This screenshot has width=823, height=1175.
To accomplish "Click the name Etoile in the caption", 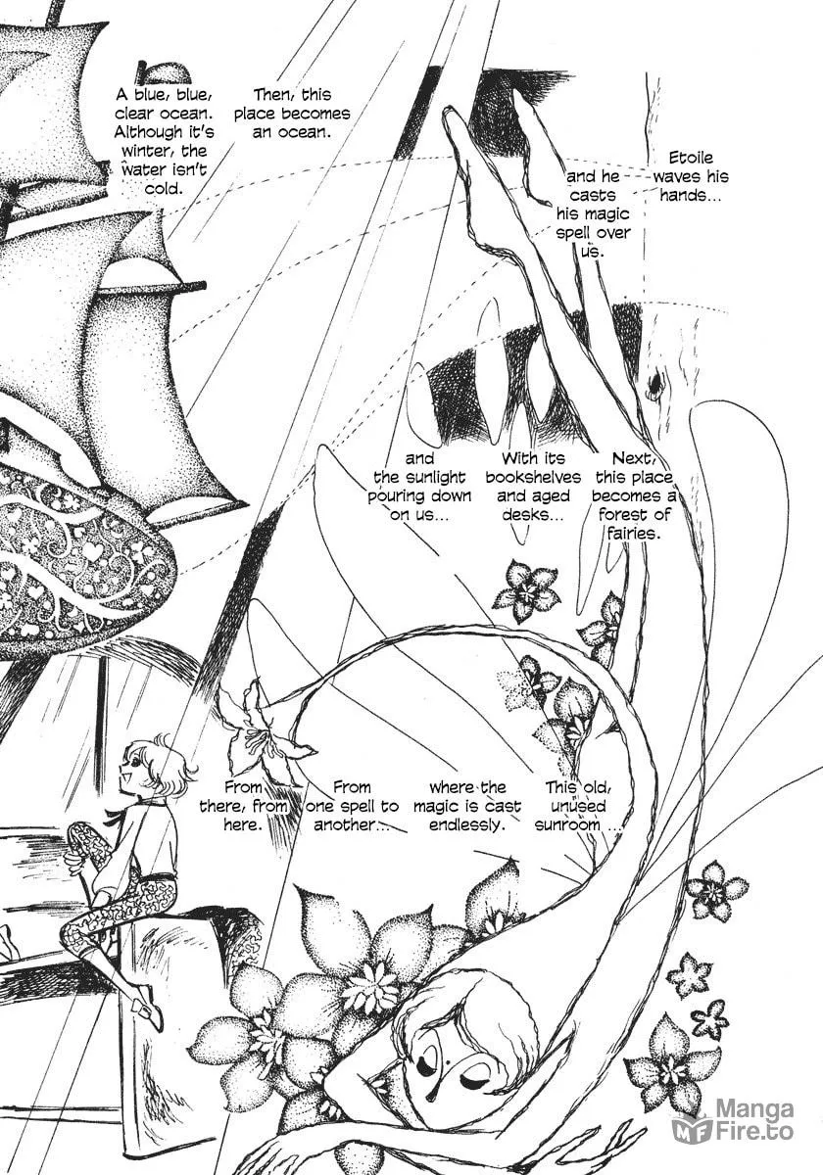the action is click(691, 158).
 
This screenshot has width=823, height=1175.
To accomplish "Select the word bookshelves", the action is click(533, 477).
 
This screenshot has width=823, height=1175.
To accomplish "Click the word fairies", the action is click(633, 534).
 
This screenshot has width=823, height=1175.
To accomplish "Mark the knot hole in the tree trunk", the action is click(656, 385).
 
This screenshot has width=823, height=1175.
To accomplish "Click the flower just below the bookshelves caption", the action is click(526, 590).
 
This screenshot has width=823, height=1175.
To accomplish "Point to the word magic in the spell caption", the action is click(606, 214).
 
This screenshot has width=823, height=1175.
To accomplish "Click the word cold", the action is click(164, 189).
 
